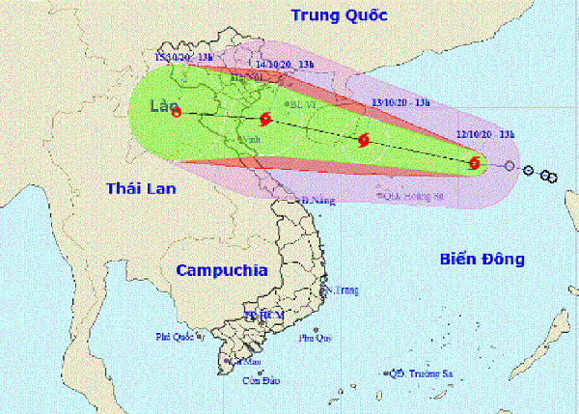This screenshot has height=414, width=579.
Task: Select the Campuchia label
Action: [x=221, y=271]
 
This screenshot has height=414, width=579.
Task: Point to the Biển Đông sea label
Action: [x=481, y=259]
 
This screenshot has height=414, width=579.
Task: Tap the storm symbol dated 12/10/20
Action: [x=474, y=164]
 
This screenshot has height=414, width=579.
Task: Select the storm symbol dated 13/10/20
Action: [x=364, y=140]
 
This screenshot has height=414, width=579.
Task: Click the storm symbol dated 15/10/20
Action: [x=178, y=112]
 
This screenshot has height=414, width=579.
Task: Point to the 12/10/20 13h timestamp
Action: [x=488, y=134]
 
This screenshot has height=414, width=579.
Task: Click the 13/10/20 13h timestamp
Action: [x=402, y=99]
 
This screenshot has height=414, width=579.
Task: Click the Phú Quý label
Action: [x=314, y=338]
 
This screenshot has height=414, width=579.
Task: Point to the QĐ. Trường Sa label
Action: [x=426, y=373]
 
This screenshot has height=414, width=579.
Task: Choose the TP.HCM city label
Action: [x=262, y=315]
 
